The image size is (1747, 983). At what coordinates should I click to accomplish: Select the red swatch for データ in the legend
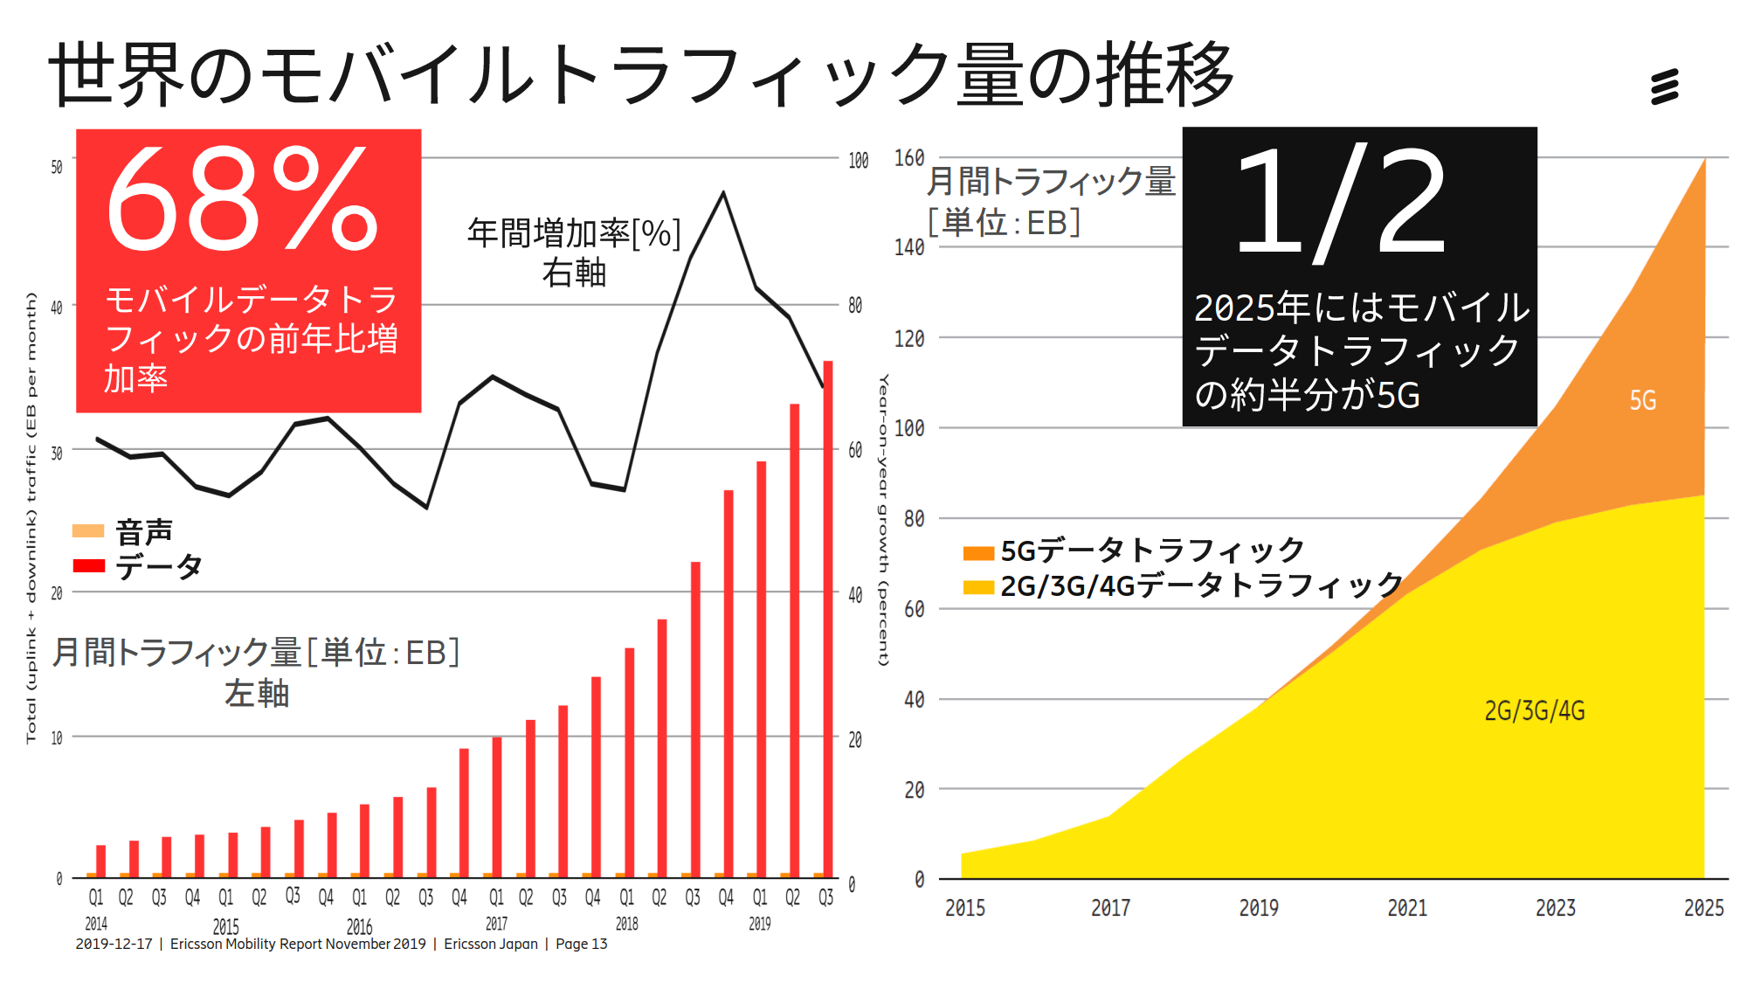88,565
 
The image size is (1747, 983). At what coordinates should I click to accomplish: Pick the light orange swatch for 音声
88,530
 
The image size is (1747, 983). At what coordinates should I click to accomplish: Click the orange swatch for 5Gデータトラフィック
978,552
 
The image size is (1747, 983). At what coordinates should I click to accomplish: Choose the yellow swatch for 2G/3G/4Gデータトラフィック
978,586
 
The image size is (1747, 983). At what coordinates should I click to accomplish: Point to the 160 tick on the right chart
909,158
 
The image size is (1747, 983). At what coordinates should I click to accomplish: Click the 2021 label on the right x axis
1407,908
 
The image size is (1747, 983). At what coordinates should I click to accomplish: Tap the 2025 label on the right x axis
1703,908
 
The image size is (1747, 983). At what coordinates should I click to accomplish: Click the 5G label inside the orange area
1642,400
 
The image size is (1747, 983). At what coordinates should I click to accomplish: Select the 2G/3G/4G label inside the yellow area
1534,710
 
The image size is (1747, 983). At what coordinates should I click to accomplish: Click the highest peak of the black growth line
723,192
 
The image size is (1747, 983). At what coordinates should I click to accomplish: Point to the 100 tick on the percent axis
858,161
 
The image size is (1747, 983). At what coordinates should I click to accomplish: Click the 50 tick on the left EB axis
57,166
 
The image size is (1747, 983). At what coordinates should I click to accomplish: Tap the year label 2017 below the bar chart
496,924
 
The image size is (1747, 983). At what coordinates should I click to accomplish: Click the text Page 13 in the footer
581,944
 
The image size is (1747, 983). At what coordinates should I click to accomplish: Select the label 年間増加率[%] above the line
574,233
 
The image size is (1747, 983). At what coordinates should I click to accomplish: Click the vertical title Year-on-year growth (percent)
883,520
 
